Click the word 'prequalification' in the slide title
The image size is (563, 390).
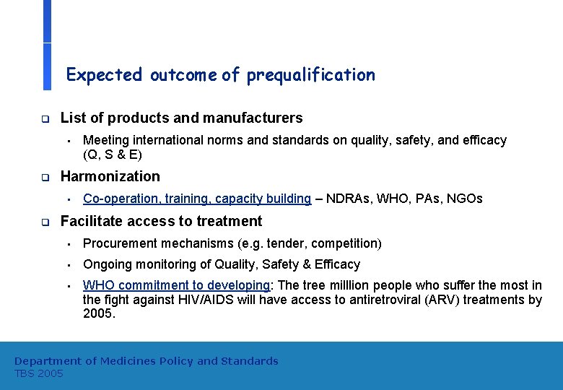[311, 75]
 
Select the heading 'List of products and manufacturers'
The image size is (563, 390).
[181, 118]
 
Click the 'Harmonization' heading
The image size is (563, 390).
[110, 176]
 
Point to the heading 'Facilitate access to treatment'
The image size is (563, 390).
[161, 221]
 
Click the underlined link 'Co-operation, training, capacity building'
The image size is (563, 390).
[197, 199]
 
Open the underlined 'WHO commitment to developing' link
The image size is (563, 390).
[175, 285]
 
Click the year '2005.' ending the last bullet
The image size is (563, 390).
[99, 314]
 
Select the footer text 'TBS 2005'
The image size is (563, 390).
[39, 373]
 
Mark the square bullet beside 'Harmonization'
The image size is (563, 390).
[44, 177]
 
